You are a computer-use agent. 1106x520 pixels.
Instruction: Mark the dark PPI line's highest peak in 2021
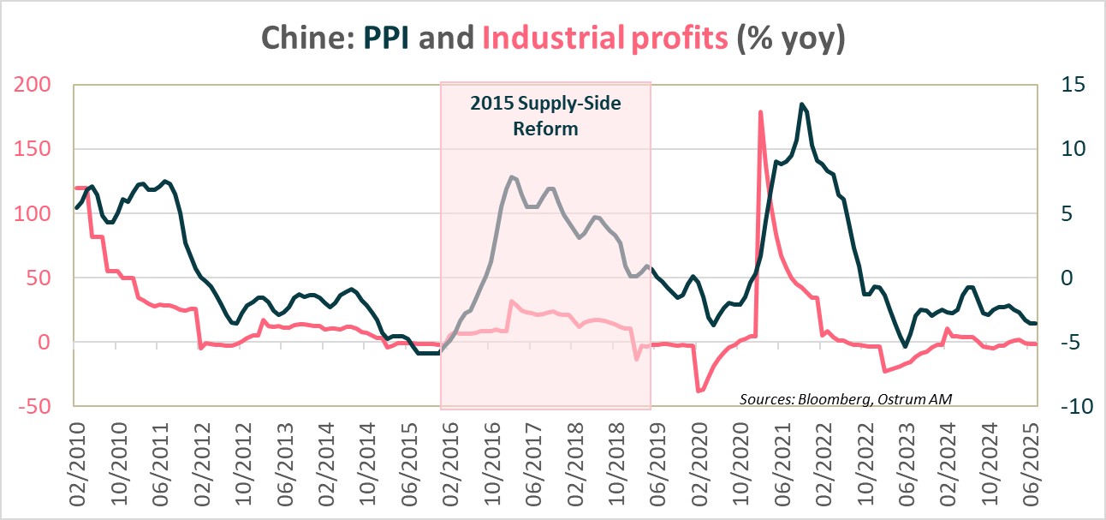801,104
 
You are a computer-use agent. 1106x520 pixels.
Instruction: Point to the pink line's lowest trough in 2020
699,391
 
